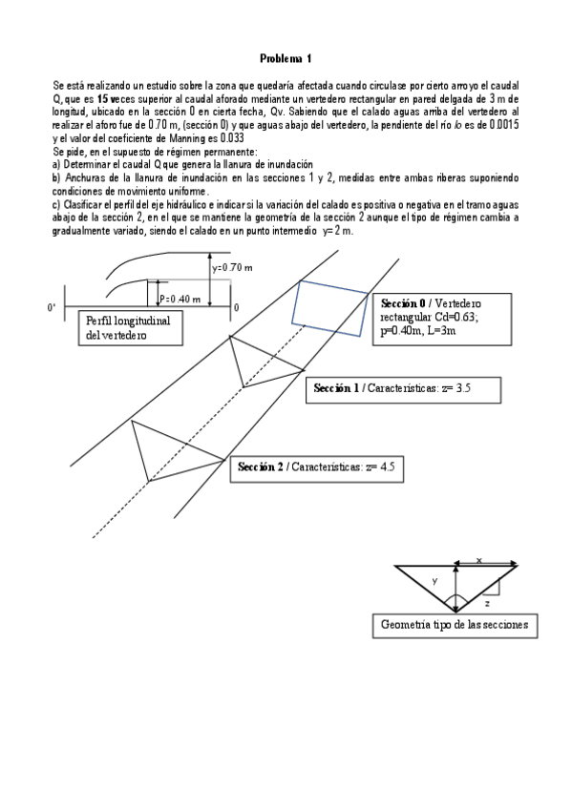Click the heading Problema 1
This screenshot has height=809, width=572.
click(286, 58)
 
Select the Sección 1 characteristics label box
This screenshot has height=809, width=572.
click(403, 389)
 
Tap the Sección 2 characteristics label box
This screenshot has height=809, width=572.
click(316, 469)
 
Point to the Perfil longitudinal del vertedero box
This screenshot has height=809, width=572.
click(131, 328)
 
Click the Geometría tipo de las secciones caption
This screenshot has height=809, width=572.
click(455, 625)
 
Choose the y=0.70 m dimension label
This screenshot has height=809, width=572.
click(232, 267)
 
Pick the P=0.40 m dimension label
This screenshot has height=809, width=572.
click(180, 299)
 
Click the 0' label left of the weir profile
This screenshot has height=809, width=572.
click(52, 308)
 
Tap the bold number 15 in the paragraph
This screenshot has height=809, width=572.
click(102, 99)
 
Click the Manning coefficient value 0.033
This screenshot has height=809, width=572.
click(232, 138)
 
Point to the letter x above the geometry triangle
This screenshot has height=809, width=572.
click(478, 560)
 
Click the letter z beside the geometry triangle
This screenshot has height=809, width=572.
click(487, 603)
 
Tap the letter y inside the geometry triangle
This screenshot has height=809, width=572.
click(434, 581)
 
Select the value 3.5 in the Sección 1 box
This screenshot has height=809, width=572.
click(463, 388)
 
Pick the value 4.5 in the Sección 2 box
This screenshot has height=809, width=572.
click(387, 467)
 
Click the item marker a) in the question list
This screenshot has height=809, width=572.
click(56, 165)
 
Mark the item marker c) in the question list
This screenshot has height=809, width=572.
click(56, 205)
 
